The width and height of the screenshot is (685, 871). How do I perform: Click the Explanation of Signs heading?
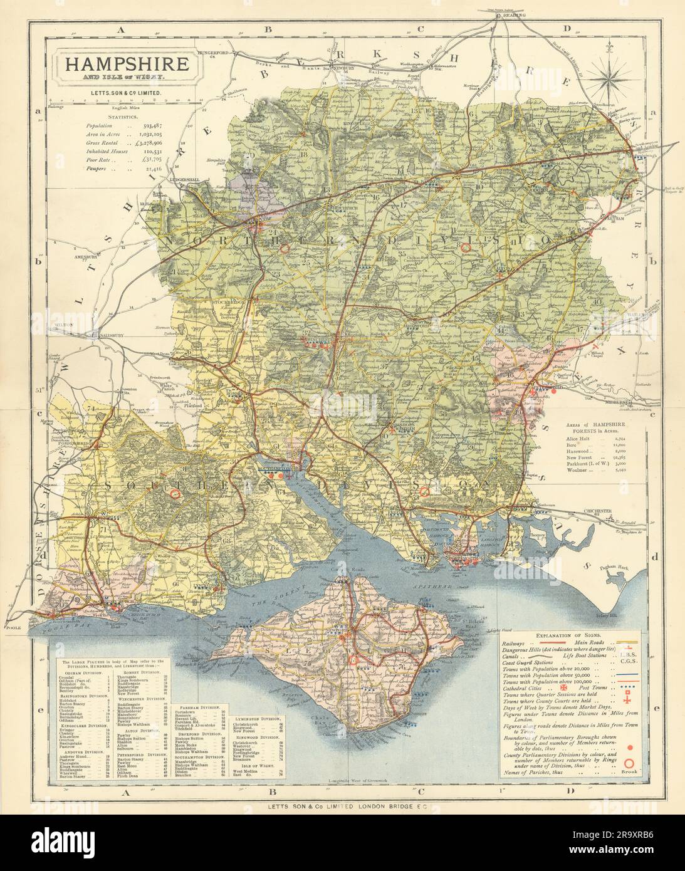pyautogui.click(x=572, y=634)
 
